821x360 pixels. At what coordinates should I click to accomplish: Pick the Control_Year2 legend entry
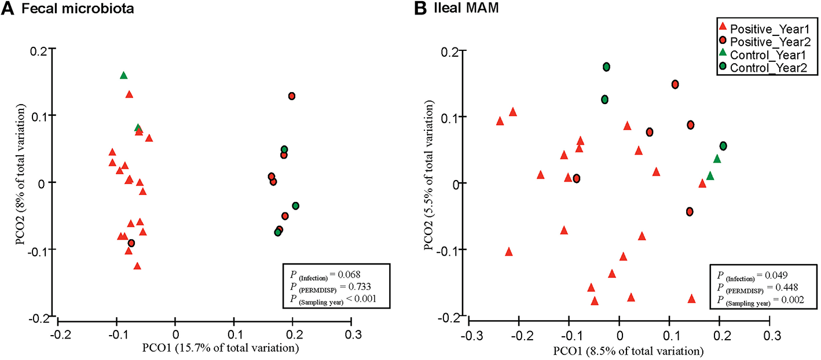pyautogui.click(x=765, y=68)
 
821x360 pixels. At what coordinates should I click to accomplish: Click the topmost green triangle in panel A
pyautogui.click(x=123, y=75)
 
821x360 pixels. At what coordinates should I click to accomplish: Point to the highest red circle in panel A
pyautogui.click(x=292, y=95)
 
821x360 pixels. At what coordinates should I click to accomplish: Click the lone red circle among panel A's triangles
pyautogui.click(x=131, y=243)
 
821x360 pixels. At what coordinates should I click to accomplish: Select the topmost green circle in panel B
pyautogui.click(x=606, y=67)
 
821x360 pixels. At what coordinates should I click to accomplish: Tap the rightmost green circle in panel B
pyautogui.click(x=723, y=146)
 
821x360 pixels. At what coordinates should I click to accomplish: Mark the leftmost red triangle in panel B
pyautogui.click(x=500, y=121)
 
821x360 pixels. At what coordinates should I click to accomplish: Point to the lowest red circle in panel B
pyautogui.click(x=689, y=211)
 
